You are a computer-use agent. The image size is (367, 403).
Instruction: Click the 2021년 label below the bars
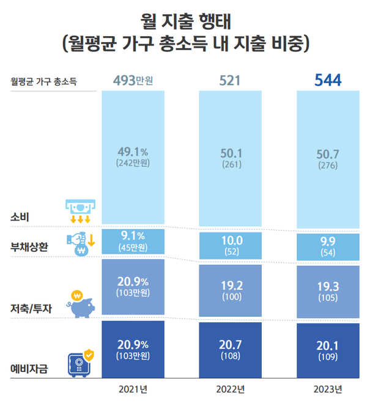(133, 389)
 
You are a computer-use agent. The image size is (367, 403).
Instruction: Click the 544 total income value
(328, 79)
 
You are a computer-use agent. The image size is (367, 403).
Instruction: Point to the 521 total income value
(231, 79)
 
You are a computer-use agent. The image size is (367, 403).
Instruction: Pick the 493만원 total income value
(133, 79)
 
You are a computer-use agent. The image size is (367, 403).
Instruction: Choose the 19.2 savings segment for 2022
(231, 290)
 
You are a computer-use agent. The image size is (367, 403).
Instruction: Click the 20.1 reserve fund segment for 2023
(328, 350)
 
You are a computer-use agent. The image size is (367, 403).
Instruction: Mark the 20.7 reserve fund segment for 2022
(231, 350)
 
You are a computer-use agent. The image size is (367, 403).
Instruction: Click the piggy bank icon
(81, 304)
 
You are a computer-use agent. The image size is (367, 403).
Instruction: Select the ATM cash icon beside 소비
(80, 211)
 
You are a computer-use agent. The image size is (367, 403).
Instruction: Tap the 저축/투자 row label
(29, 309)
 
